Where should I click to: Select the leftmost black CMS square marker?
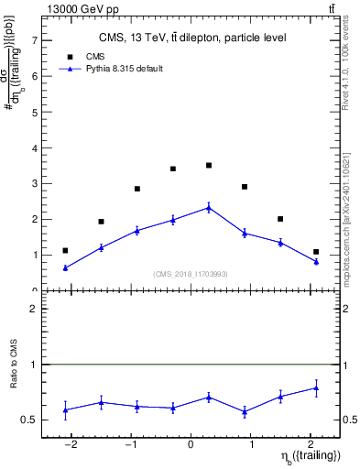[65, 250]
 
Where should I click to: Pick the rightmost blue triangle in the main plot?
[316, 262]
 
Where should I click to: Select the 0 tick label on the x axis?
[191, 444]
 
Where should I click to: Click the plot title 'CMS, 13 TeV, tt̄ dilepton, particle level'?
[192, 38]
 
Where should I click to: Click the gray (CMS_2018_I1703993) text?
[191, 274]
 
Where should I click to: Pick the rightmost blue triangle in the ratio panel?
[316, 388]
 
